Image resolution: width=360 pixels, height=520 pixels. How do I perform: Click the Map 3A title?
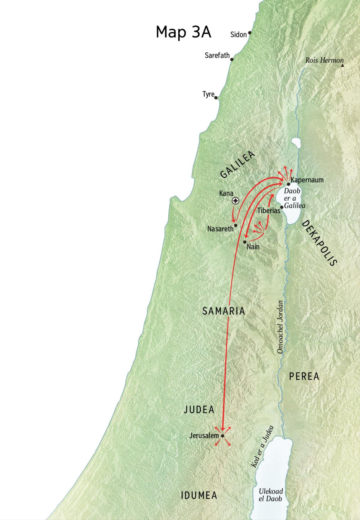[x=183, y=32]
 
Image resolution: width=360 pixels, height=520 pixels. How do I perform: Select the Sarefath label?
[x=217, y=56]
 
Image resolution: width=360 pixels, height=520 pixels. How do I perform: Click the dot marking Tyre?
[x=216, y=98]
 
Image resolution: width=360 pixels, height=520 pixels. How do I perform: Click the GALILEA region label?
[x=238, y=164]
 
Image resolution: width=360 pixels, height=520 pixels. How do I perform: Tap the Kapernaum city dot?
[x=288, y=184]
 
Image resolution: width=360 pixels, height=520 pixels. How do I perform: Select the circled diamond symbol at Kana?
[x=236, y=201]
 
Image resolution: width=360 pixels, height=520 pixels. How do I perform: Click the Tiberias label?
[x=268, y=211]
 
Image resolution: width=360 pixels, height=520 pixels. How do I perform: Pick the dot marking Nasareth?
[x=236, y=225]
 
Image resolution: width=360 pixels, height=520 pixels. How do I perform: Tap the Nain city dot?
[x=245, y=242]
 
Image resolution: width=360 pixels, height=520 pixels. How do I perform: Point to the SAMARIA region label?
[x=223, y=311]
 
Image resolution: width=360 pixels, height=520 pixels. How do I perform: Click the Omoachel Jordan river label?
[x=280, y=327]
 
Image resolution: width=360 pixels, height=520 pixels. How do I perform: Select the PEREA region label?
[x=304, y=376]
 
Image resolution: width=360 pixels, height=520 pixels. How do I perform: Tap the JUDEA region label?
[x=199, y=410]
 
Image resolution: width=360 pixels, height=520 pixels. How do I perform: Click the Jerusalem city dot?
[x=223, y=436]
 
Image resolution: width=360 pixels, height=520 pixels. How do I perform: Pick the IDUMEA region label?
[x=199, y=495]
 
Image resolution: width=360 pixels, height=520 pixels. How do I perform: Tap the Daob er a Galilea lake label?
[x=294, y=198]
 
